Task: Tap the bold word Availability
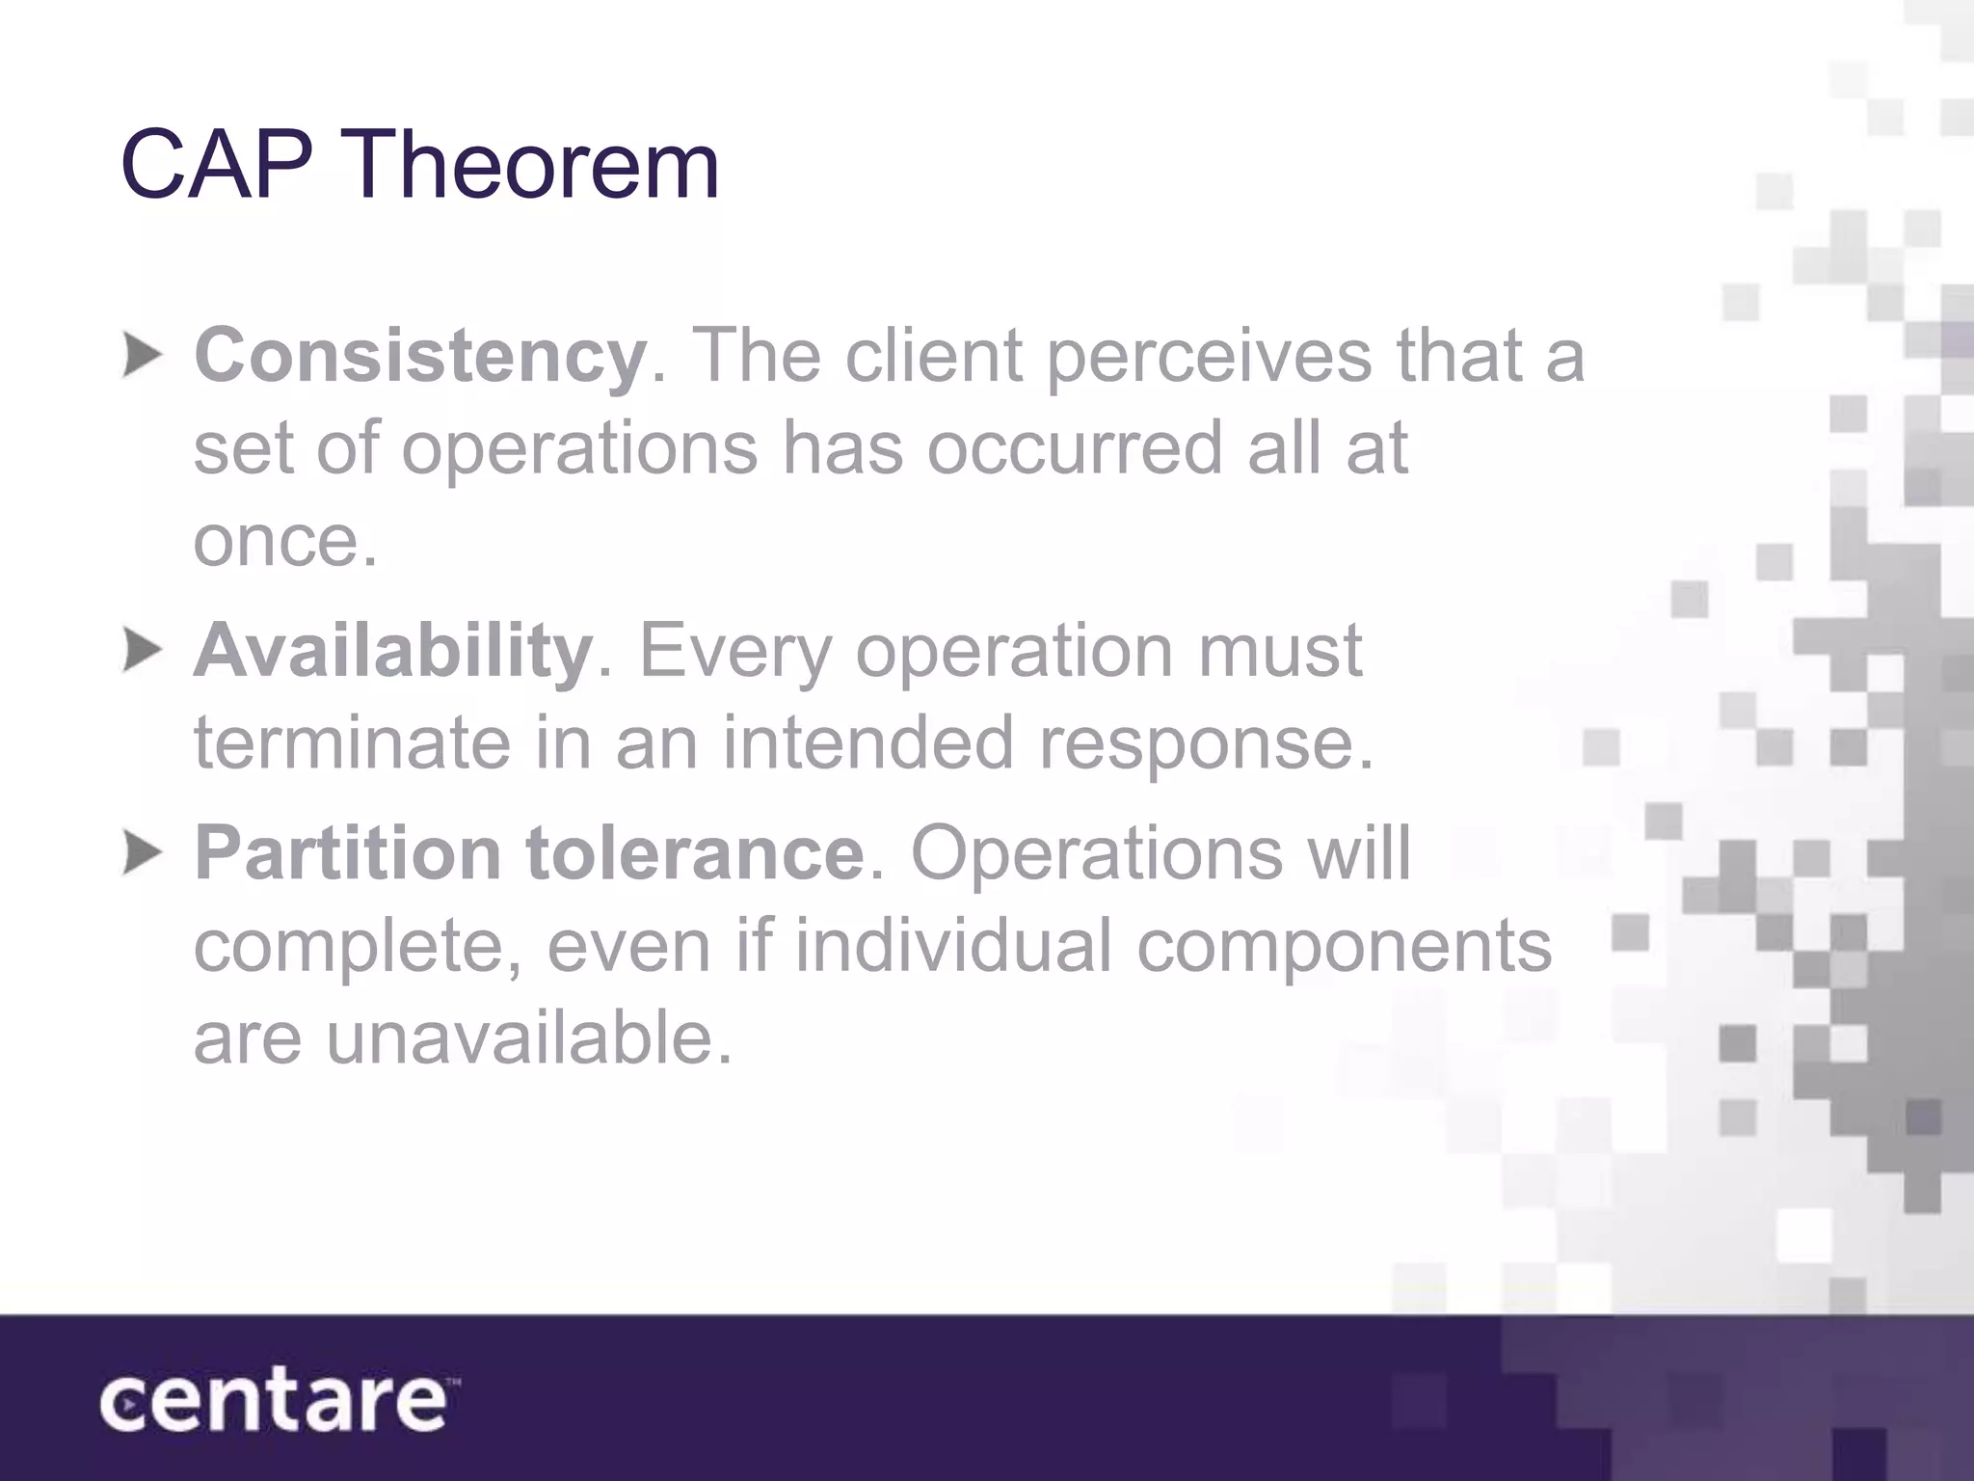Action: (393, 652)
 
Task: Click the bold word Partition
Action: (347, 854)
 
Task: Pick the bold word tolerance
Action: (694, 854)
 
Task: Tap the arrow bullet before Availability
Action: (143, 652)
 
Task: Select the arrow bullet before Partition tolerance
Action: (143, 854)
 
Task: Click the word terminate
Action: (352, 743)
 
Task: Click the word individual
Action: (954, 946)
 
